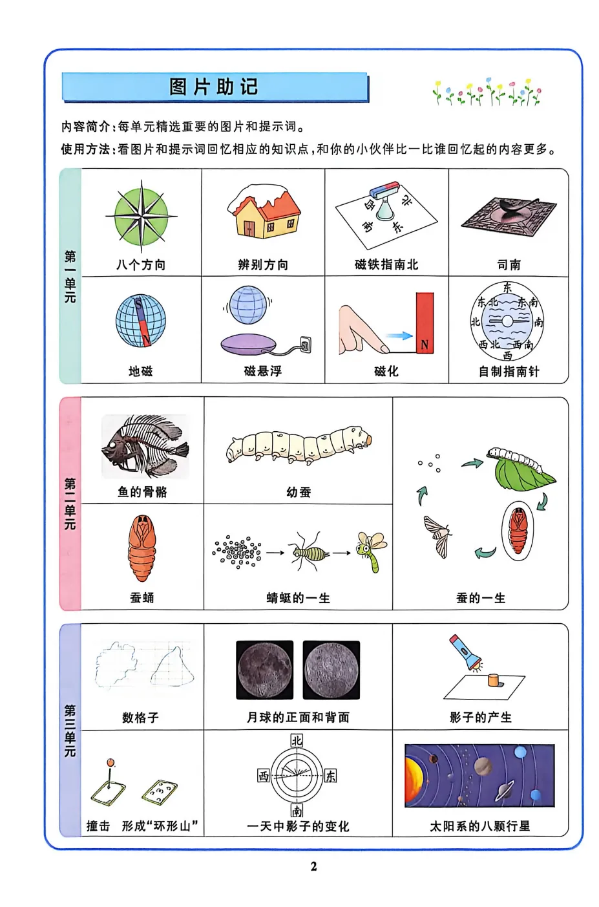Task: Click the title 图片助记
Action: pyautogui.click(x=214, y=87)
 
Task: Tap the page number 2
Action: pyautogui.click(x=314, y=866)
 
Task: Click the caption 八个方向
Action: pyautogui.click(x=141, y=264)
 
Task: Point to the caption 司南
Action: pyautogui.click(x=509, y=264)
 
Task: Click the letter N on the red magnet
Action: pyautogui.click(x=425, y=345)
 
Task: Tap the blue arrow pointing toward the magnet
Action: pyautogui.click(x=399, y=336)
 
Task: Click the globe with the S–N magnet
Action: pyautogui.click(x=141, y=321)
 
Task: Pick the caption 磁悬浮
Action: pyautogui.click(x=263, y=371)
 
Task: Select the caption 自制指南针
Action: pyautogui.click(x=509, y=371)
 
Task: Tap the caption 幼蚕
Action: pyautogui.click(x=299, y=492)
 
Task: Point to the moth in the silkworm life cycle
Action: pyautogui.click(x=438, y=535)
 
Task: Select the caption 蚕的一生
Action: pyautogui.click(x=481, y=598)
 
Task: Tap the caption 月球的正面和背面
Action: pyautogui.click(x=298, y=717)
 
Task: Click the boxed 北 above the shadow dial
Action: pyautogui.click(x=297, y=741)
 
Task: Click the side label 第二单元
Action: pyautogui.click(x=70, y=504)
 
